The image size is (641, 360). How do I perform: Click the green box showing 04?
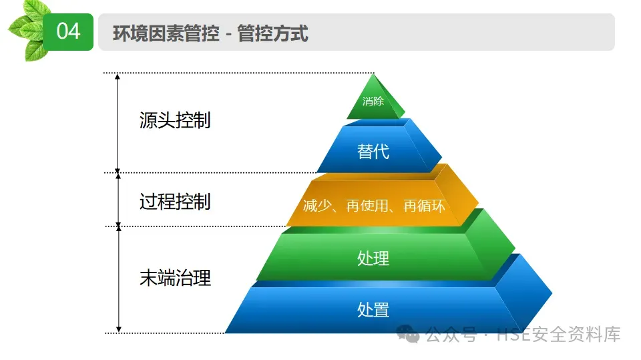[x=68, y=31]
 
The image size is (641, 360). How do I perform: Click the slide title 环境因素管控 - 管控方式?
[x=210, y=33]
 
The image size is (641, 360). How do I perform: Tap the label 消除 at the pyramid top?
[x=373, y=102]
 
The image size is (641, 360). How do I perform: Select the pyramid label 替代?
[x=373, y=152]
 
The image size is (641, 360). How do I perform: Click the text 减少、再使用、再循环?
[x=374, y=206]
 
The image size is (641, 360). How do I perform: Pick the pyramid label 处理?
[x=373, y=258]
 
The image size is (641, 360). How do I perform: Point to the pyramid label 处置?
[x=373, y=309]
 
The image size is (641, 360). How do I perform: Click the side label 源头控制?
[x=175, y=121]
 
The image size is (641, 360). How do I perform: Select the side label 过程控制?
[x=175, y=201]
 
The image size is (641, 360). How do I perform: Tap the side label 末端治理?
[x=175, y=278]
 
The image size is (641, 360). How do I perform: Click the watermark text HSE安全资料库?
[x=559, y=335]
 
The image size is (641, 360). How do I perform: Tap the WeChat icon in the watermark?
[x=409, y=334]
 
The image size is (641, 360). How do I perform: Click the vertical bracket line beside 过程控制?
[x=119, y=199]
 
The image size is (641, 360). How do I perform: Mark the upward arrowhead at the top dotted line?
[x=118, y=77]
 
